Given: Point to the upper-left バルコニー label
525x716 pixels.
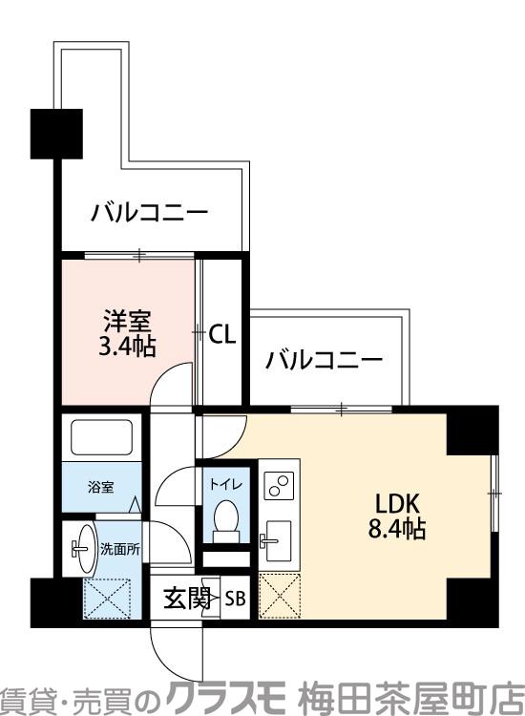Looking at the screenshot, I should click(149, 212).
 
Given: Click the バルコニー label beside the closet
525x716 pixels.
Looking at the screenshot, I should click(325, 361).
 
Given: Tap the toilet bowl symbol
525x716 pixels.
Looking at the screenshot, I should click(225, 520).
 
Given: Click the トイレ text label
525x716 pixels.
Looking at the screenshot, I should click(225, 484).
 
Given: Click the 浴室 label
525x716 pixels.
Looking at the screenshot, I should click(101, 487).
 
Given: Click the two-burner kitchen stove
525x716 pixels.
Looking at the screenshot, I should click(279, 487).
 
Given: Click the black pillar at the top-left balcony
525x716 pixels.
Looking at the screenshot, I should click(54, 134).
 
